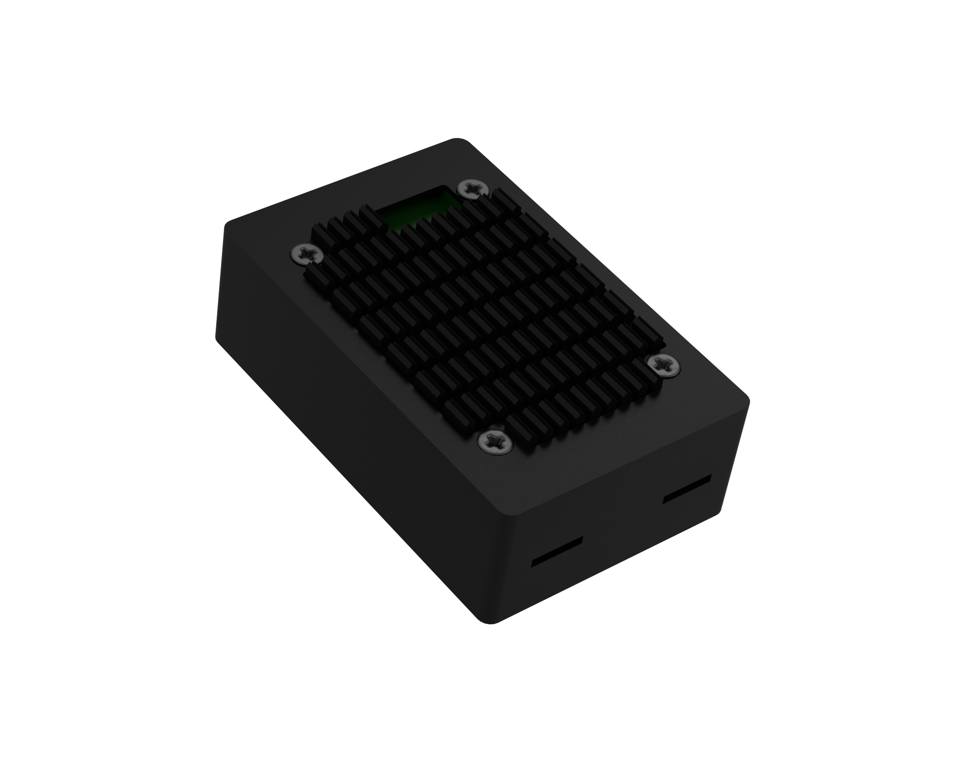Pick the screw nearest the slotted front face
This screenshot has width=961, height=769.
[494, 440]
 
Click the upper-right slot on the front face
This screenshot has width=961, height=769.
[687, 490]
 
